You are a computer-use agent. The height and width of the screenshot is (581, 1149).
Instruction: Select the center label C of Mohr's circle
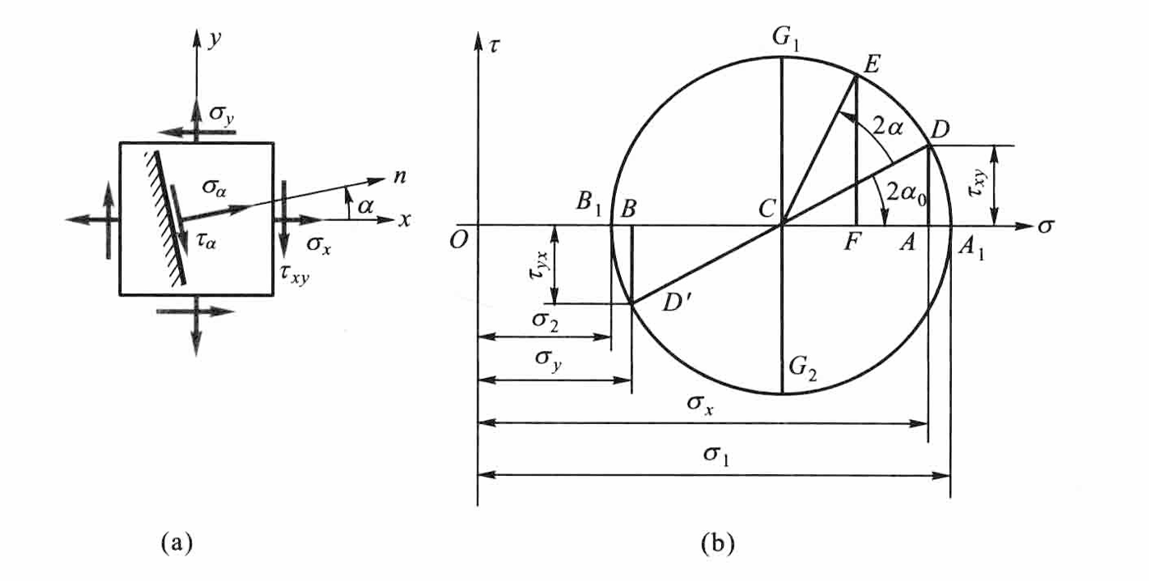(x=766, y=209)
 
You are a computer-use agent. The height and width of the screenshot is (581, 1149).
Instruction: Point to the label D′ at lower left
(x=677, y=302)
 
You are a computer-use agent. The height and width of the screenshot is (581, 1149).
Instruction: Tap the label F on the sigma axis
(x=852, y=242)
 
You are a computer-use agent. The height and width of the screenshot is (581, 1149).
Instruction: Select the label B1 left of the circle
(x=588, y=203)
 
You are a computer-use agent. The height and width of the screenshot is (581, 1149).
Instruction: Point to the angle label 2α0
(x=908, y=194)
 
